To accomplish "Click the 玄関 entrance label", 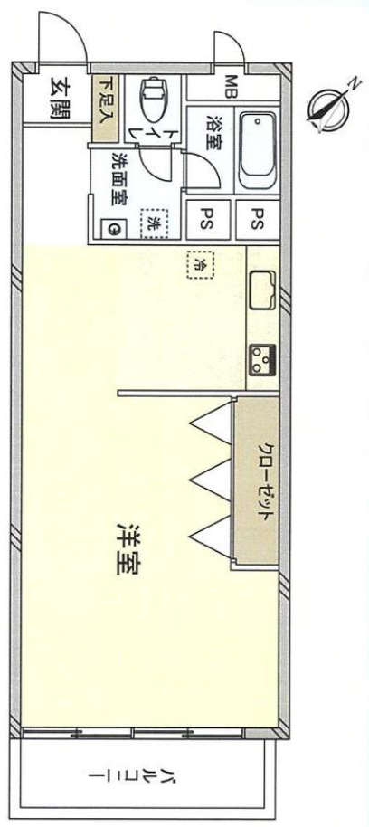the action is click(x=59, y=99).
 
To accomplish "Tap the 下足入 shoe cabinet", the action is click(x=106, y=109).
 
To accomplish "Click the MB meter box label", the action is click(x=231, y=87).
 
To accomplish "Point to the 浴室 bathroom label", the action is click(x=214, y=132).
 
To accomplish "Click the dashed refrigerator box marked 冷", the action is click(x=201, y=263).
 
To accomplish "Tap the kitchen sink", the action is click(x=263, y=290).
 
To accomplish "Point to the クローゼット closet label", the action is click(x=266, y=480).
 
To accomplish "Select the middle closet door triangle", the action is click(x=212, y=480).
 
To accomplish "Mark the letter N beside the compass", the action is click(x=356, y=83).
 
